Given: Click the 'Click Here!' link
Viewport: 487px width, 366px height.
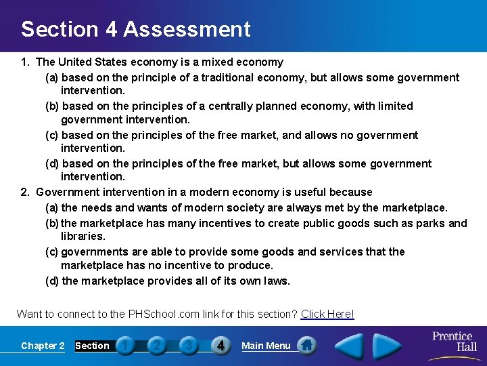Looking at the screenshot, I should click(327, 314).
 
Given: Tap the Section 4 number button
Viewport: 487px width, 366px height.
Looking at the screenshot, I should click(221, 346).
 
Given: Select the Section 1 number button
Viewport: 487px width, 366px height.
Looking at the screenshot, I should click(124, 346).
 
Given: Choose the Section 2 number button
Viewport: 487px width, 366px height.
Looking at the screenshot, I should click(156, 346).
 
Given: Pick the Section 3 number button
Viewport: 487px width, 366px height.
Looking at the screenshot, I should click(189, 346).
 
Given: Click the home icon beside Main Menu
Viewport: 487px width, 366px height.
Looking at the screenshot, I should click(306, 345).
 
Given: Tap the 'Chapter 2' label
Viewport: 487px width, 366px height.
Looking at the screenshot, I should click(43, 346).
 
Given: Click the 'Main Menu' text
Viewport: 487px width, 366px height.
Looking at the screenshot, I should click(266, 346).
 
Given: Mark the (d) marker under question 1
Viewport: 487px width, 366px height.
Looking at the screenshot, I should click(52, 163).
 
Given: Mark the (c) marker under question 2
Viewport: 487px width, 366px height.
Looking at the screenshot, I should click(51, 251).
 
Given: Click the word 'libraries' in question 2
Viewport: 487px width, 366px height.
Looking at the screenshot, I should click(82, 237).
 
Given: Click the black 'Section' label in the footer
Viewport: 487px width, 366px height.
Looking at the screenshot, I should click(92, 346).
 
